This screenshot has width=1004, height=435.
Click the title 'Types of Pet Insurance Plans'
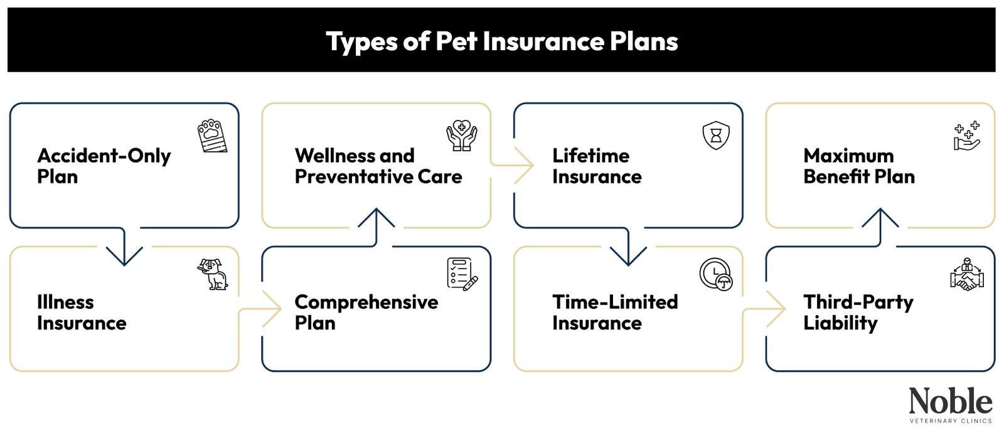coord(502,41)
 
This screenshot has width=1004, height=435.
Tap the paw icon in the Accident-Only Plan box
coord(212,136)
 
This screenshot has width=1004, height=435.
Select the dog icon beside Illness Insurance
coord(213,274)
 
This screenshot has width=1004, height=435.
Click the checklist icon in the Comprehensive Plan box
coord(462,274)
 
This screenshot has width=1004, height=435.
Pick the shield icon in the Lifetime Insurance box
coord(716,136)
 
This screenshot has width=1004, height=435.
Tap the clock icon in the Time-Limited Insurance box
coord(716,274)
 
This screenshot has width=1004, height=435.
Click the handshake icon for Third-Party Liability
coord(967,274)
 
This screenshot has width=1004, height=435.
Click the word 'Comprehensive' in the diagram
coord(366,302)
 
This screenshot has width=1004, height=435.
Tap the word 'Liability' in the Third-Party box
coord(840,323)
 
